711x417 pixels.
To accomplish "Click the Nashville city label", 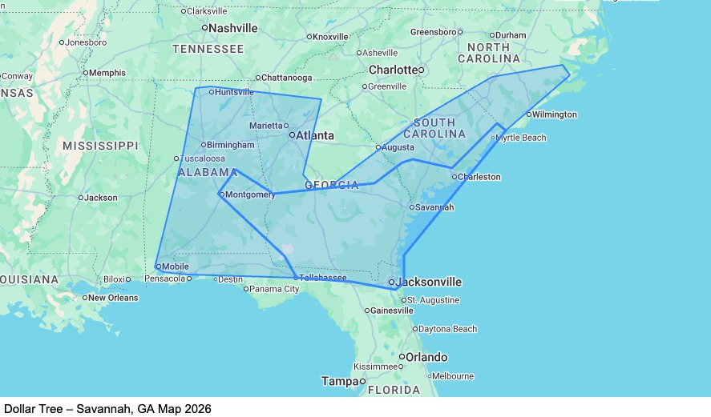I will coord(233,28).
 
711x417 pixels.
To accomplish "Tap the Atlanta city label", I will coord(314,135).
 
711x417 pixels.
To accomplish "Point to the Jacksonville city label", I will coord(430,282).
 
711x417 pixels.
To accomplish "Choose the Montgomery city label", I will coord(250,194).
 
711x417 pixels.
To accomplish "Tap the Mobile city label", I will coord(175,266).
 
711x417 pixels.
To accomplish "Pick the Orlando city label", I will coord(426,357).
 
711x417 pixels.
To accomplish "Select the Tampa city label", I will coord(340,381).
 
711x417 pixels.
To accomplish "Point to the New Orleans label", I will coord(113,298).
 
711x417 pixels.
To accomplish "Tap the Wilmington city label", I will coord(554,114).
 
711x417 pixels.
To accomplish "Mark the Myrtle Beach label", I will coord(521,138).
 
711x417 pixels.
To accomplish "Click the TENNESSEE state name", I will coord(208,50).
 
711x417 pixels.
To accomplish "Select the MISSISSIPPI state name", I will coord(100,146).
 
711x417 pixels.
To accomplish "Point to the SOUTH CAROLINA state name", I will coord(439,128).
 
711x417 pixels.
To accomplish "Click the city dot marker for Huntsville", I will coord(211,92).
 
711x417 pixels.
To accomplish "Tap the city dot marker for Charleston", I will coord(454,177).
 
